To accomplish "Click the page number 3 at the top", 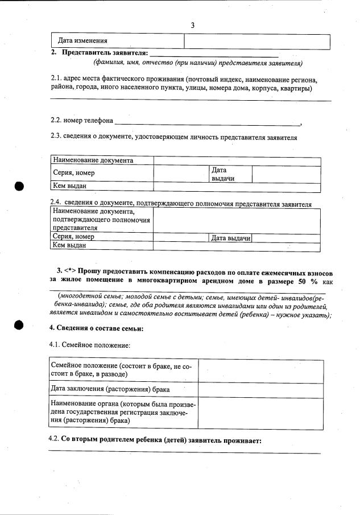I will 193,25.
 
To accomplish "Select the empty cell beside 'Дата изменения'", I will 257,42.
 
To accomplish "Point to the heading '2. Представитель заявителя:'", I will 100,53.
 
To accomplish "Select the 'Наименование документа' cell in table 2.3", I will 93,160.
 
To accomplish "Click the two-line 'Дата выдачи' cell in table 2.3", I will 223,174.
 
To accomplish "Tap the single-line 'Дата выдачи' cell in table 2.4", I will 231,238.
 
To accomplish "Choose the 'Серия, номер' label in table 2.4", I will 73,237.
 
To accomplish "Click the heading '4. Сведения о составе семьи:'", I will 96,328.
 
